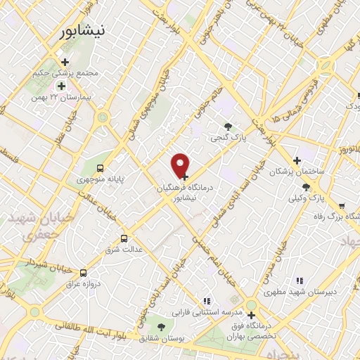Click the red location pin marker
click(x=181, y=165)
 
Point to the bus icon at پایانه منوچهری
click(x=100, y=168)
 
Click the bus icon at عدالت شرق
click(x=124, y=238)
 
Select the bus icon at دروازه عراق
click(x=84, y=273)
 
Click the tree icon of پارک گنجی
click(x=227, y=126)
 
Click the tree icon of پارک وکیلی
click(x=305, y=186)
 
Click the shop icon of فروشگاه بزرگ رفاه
click(x=341, y=206)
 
